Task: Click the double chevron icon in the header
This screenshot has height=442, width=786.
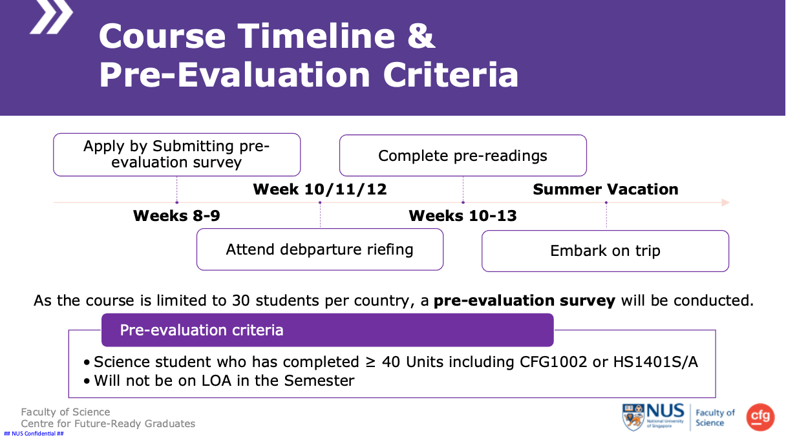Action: pyautogui.click(x=51, y=17)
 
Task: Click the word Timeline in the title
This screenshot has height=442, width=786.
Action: pyautogui.click(x=317, y=36)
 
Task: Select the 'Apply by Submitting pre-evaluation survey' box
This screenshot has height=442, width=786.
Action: pyautogui.click(x=177, y=154)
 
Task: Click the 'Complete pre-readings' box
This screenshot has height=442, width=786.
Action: pyautogui.click(x=463, y=155)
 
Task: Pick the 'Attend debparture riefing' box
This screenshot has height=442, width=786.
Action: pyautogui.click(x=320, y=249)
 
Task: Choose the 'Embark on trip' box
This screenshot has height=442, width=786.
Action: pyautogui.click(x=605, y=251)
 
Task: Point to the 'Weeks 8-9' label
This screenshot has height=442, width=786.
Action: pyautogui.click(x=176, y=215)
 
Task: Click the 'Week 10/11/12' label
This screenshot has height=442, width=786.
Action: pyautogui.click(x=320, y=189)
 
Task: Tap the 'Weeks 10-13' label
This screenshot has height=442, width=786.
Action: pyautogui.click(x=463, y=215)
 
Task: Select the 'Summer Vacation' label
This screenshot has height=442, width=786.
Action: pyautogui.click(x=606, y=189)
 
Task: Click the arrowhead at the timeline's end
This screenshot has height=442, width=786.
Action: pyautogui.click(x=726, y=202)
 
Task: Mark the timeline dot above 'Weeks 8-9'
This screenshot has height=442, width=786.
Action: pyautogui.click(x=177, y=202)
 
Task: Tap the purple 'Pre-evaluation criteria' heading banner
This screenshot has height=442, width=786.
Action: pyautogui.click(x=327, y=330)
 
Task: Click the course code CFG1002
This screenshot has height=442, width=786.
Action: pyautogui.click(x=553, y=362)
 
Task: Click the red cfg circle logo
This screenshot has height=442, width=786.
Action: pyautogui.click(x=760, y=417)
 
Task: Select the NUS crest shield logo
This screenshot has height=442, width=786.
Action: pyautogui.click(x=633, y=417)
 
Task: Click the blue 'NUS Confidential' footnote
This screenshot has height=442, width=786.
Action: pyautogui.click(x=34, y=434)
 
